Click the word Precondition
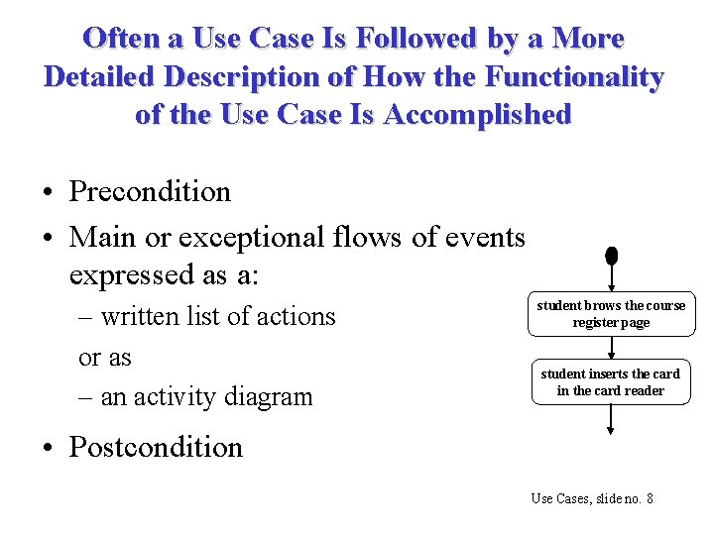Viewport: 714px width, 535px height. click(x=150, y=191)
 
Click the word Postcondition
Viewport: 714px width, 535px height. click(x=156, y=447)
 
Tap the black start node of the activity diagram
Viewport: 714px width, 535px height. click(x=611, y=256)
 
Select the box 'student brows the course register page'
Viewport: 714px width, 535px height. click(x=611, y=314)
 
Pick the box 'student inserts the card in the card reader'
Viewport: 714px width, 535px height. click(x=611, y=382)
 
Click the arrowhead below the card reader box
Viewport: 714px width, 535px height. click(x=611, y=428)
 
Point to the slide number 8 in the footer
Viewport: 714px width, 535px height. click(x=649, y=498)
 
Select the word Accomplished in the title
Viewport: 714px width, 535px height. click(x=477, y=114)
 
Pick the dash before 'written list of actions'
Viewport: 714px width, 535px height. click(x=86, y=317)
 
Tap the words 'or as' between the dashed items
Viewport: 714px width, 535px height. click(x=105, y=357)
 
